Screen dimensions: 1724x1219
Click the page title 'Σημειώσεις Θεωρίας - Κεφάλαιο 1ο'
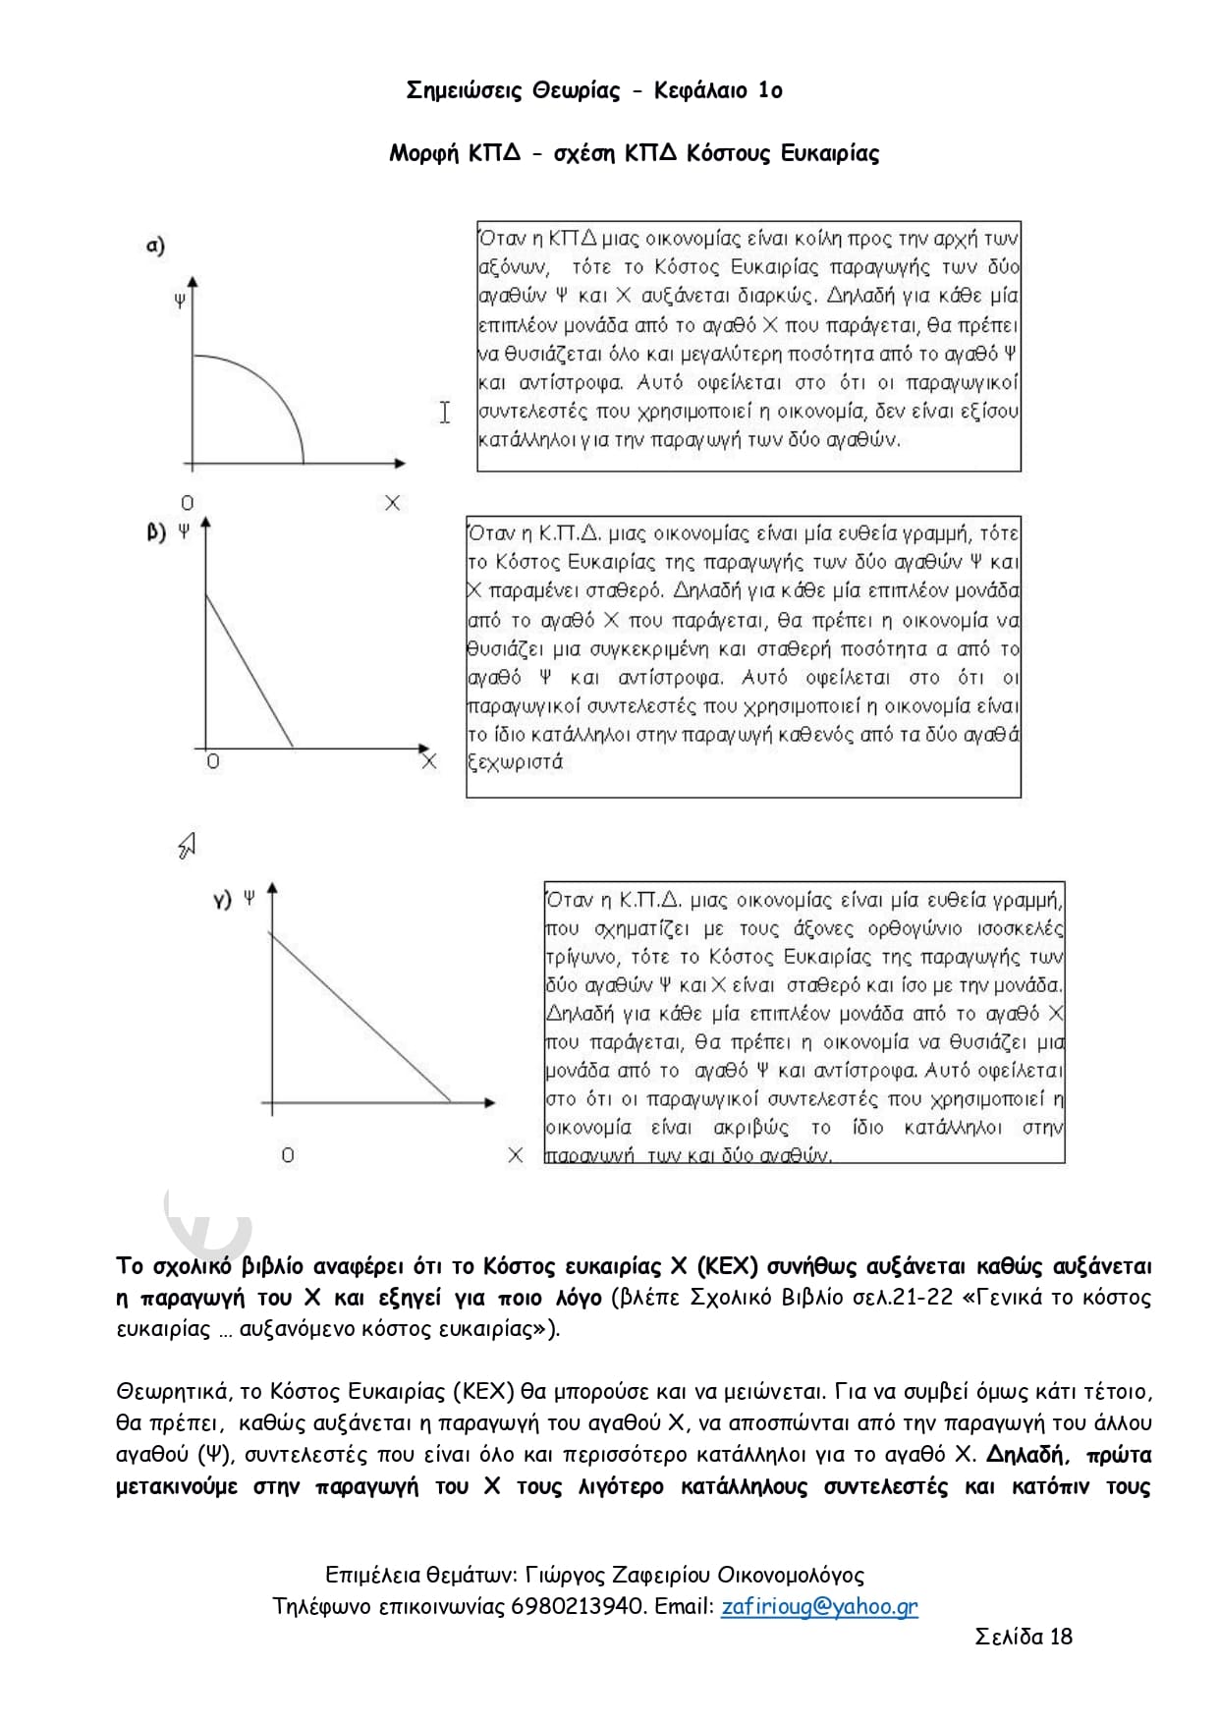click(594, 91)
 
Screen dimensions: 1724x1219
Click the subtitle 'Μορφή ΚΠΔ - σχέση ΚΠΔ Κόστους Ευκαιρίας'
click(634, 153)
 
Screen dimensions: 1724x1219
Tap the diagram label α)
click(155, 246)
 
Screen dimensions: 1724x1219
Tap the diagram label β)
click(156, 533)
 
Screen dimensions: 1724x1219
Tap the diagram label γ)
click(223, 899)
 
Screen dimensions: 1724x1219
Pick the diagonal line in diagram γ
click(359, 1016)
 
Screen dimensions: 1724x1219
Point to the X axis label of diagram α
click(392, 503)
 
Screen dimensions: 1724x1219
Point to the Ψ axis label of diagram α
click(180, 302)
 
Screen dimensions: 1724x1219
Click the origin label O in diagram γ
click(288, 1155)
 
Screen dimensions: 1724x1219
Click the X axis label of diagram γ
click(515, 1155)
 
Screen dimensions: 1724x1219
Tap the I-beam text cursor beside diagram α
click(445, 413)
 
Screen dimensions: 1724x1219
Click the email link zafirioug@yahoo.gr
click(819, 1606)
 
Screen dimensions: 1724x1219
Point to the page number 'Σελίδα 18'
click(1024, 1636)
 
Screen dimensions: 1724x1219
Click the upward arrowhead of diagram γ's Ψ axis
click(273, 888)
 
